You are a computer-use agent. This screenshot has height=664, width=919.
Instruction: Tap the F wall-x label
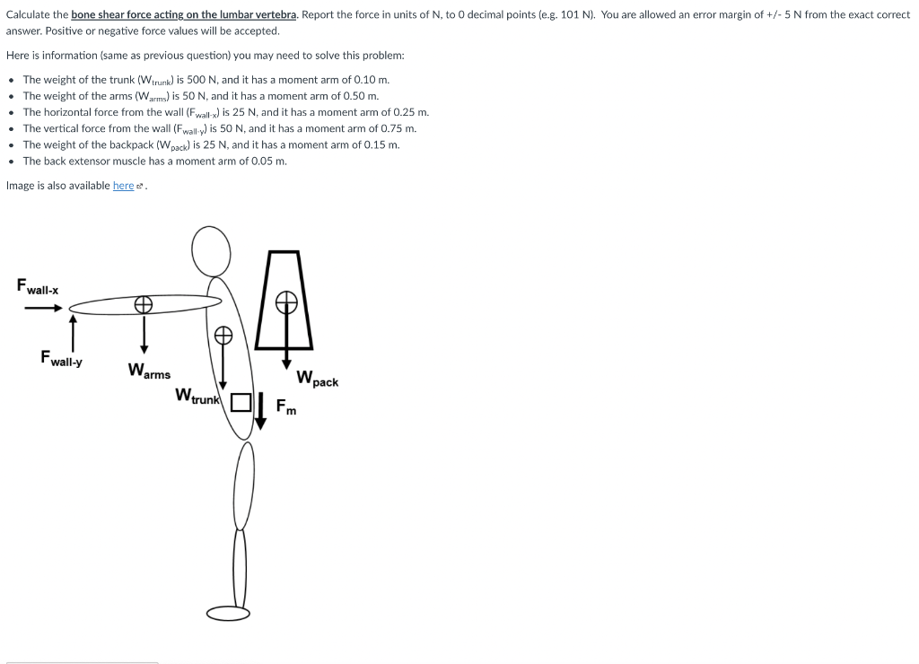[38, 287]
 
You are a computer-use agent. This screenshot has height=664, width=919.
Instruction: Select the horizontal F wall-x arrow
[42, 309]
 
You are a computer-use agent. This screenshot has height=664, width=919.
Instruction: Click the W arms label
[149, 371]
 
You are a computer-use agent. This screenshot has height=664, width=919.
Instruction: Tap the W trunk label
[197, 395]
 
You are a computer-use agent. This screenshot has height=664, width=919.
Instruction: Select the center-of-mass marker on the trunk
[223, 336]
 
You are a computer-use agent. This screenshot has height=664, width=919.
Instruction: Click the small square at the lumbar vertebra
[240, 402]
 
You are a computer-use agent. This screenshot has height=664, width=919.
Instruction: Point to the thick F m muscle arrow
[259, 410]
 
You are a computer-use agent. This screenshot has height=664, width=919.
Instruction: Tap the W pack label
[317, 379]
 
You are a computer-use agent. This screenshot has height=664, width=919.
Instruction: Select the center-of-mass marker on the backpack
[286, 301]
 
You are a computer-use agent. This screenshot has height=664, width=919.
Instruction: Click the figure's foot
[229, 613]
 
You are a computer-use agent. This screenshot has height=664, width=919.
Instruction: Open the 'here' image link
[123, 186]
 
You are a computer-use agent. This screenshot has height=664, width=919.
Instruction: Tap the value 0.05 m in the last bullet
[268, 161]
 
